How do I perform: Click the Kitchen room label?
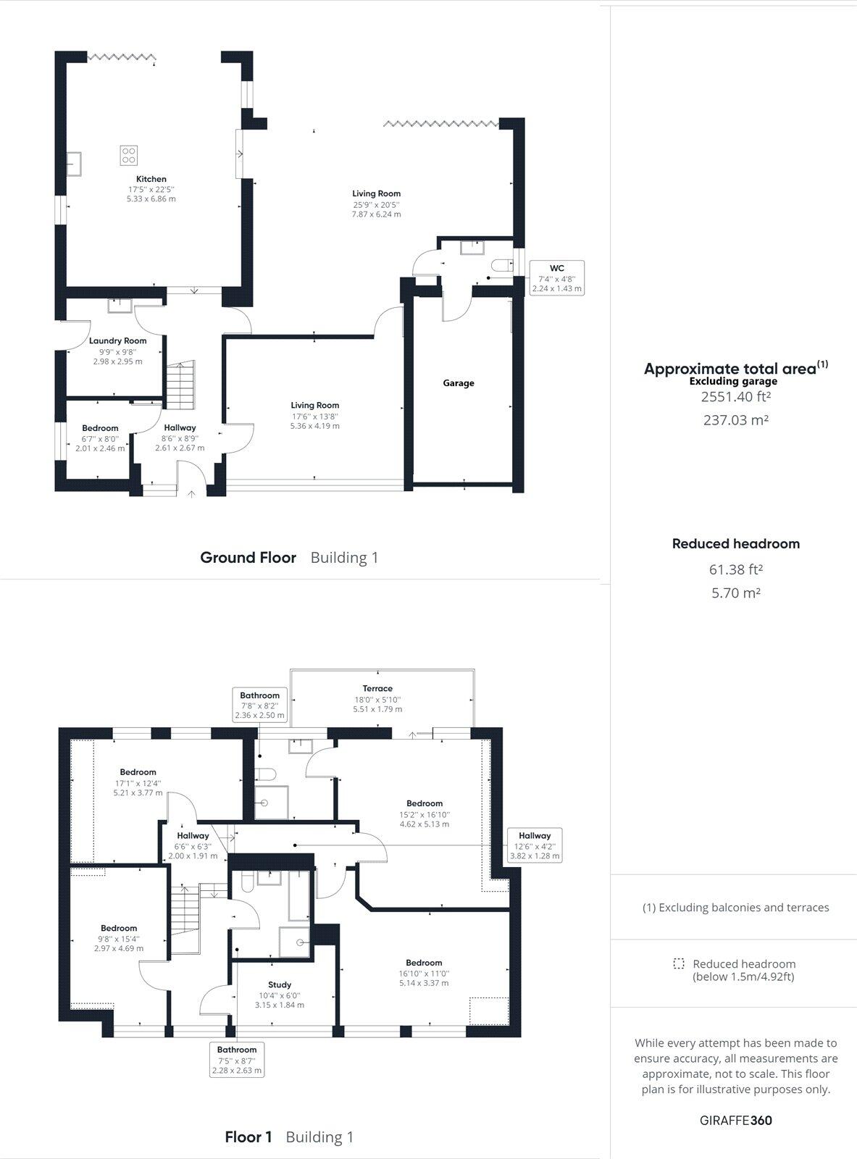pos(151,179)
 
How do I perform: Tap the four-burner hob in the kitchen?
pos(129,155)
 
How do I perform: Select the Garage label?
pos(459,382)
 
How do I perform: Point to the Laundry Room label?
pos(117,340)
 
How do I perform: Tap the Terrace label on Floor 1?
pos(377,688)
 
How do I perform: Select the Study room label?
pos(280,984)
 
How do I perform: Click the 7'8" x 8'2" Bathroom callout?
pos(260,705)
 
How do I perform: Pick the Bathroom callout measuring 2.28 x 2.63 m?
pos(237,1060)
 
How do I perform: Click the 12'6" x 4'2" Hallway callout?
pos(534,845)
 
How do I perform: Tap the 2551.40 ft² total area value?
pos(735,397)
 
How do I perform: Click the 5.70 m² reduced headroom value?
pos(735,593)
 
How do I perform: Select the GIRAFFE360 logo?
pos(735,1121)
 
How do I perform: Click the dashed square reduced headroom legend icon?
pos(679,964)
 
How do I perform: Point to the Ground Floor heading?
pos(248,558)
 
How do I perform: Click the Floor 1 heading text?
pos(248,1137)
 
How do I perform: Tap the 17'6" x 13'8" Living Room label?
pos(315,406)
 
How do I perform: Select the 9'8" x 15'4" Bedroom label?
pos(119,928)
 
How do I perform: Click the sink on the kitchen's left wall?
pos(74,164)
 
